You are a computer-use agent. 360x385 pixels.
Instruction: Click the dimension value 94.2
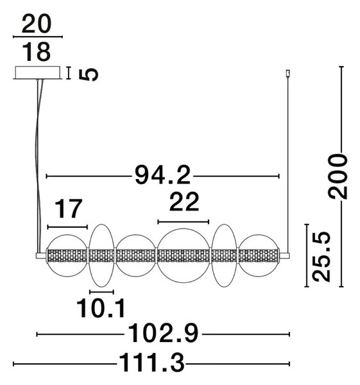(162, 175)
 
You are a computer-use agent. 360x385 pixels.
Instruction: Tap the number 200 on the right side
(338, 176)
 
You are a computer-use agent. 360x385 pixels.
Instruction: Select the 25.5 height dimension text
(321, 257)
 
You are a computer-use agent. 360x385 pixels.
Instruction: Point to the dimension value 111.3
(151, 363)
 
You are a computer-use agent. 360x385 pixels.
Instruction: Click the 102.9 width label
(163, 334)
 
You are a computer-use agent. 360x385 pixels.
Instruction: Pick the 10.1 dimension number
(101, 309)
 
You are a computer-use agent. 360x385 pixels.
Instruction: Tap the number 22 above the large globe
(184, 202)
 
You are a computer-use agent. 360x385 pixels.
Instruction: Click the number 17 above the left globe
(68, 209)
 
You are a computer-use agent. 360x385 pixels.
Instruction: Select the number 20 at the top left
(37, 24)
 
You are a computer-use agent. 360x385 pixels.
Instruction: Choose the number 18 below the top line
(37, 52)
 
